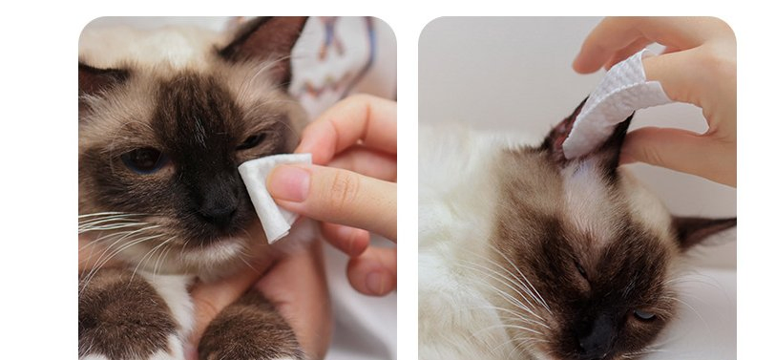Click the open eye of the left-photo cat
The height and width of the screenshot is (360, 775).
coord(143,159)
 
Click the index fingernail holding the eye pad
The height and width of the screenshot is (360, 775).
coord(289,182)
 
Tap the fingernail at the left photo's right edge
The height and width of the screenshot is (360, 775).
coord(378,282)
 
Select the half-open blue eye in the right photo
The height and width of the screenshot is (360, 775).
coord(644,314)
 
